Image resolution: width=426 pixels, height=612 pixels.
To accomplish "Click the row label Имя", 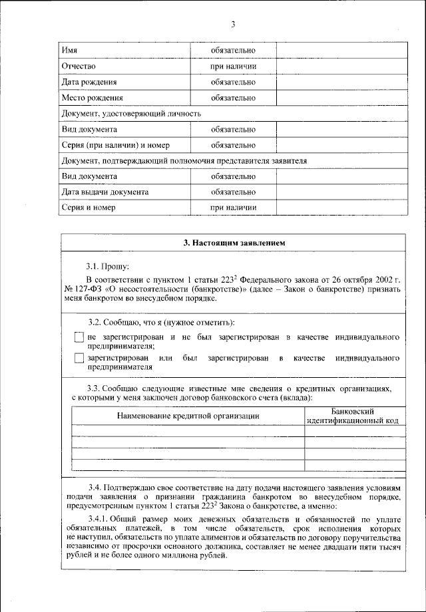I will (69, 51).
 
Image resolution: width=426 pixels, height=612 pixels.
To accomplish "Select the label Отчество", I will (79, 67).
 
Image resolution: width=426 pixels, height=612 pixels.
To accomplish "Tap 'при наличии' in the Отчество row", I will (233, 67).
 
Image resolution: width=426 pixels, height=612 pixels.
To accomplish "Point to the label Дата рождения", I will (89, 82).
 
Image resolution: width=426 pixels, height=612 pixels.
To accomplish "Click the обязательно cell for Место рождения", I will (233, 98).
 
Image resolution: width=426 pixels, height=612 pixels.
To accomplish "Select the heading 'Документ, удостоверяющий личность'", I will (131, 114).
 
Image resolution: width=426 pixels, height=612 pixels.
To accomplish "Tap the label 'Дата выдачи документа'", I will (105, 192).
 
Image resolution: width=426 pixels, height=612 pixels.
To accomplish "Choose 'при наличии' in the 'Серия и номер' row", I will (233, 208).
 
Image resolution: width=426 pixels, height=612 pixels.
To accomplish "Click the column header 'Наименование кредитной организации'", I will (188, 416).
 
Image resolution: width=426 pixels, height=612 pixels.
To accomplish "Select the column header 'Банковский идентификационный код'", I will (353, 416).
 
